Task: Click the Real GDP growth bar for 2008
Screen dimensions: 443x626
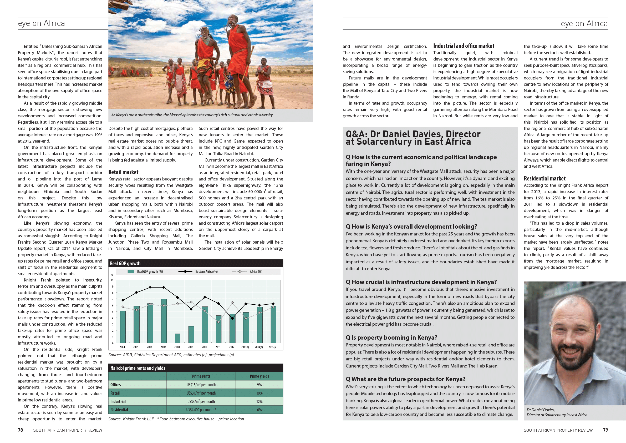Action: click(177, 338)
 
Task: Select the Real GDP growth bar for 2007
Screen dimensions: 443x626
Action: click(164, 321)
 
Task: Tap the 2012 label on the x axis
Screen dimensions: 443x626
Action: click(232, 347)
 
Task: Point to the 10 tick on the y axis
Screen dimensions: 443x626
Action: click(112, 280)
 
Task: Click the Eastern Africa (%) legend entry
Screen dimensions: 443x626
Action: click(198, 271)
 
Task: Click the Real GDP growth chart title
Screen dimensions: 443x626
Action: click(125, 263)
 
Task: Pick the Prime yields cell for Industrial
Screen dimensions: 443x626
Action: click(259, 401)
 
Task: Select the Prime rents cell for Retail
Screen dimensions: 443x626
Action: click(201, 393)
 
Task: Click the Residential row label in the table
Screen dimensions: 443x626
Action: click(119, 410)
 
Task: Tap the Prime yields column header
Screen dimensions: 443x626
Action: click(259, 376)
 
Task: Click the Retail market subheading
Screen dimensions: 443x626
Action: click(123, 172)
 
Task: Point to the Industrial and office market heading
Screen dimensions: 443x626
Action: click(464, 46)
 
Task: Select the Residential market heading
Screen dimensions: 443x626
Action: click(544, 178)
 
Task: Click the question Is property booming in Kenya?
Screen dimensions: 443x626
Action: click(391, 338)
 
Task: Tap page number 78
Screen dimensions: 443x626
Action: click(21, 430)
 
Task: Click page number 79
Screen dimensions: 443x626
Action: click(605, 430)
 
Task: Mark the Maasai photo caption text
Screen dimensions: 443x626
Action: click(192, 115)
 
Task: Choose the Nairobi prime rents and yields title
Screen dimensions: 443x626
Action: click(138, 368)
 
